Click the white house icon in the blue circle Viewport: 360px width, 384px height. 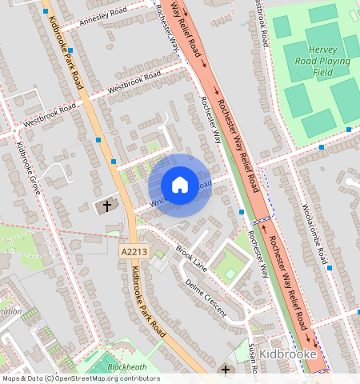(180, 185)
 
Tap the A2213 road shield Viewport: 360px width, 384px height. (134, 252)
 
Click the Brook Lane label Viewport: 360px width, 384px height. (192, 258)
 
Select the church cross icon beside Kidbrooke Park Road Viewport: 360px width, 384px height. (106, 206)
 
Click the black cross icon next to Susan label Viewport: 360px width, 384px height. (226, 370)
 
